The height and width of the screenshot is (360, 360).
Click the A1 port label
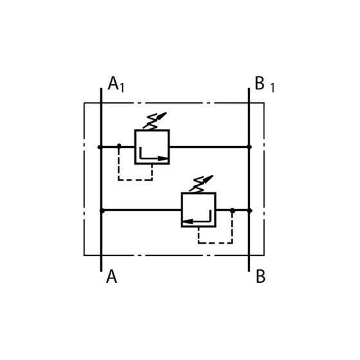pyautogui.click(x=116, y=84)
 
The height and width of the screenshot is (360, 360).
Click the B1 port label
pyautogui.click(x=265, y=84)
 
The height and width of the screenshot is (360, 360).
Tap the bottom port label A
pyautogui.click(x=112, y=276)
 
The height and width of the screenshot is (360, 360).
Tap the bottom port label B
pyautogui.click(x=260, y=276)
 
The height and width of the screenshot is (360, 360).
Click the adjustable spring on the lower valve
pyautogui.click(x=201, y=184)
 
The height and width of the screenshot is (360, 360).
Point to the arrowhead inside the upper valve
pyautogui.click(x=163, y=158)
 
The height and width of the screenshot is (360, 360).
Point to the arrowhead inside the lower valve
pyautogui.click(x=188, y=222)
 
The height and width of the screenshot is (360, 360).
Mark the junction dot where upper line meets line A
pyautogui.click(x=100, y=147)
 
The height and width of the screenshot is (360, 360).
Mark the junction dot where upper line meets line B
pyautogui.click(x=249, y=147)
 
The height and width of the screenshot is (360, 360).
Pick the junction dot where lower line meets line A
pyautogui.click(x=102, y=211)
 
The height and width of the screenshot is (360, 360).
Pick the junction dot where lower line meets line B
pyautogui.click(x=250, y=211)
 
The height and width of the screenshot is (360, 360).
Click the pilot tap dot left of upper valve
pyautogui.click(x=119, y=145)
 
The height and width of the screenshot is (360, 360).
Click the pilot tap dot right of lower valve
pyautogui.click(x=233, y=210)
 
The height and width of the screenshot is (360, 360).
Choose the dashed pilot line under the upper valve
pyautogui.click(x=136, y=180)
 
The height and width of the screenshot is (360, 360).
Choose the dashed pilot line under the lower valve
pyautogui.click(x=215, y=243)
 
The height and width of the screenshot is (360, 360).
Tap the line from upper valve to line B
pyautogui.click(x=209, y=147)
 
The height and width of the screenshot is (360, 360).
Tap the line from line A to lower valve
pyautogui.click(x=141, y=210)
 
